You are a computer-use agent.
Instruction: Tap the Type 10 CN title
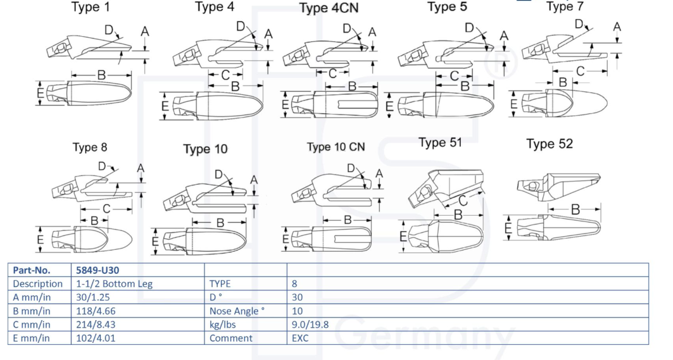point(336,147)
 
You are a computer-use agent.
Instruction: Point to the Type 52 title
point(549,144)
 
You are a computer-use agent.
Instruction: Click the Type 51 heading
point(440,143)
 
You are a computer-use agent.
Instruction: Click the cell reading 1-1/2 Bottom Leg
point(115,283)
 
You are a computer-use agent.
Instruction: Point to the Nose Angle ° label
point(236,311)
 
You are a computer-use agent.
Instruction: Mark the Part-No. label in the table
point(32,270)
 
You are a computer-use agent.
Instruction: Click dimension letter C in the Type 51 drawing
point(463,201)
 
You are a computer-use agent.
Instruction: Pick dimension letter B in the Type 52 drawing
point(575,209)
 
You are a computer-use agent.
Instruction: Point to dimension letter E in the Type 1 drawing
point(41,93)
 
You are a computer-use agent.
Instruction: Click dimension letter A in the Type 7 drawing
point(617,27)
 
